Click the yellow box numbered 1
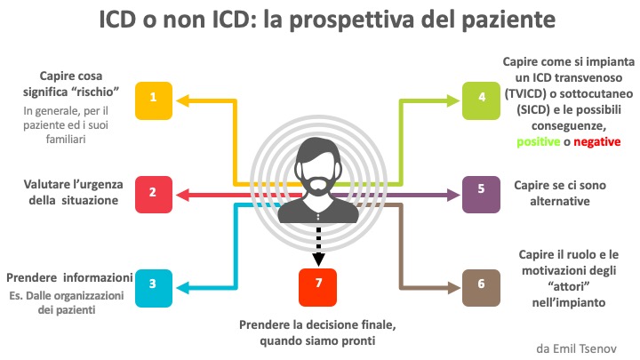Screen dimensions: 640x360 154,100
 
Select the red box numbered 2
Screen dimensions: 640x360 154,192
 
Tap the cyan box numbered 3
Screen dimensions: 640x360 154,284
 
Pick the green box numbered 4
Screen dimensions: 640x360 481,100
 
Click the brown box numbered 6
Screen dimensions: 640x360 481,284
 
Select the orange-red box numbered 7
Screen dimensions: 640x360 317,285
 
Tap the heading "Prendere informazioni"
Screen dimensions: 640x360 70,276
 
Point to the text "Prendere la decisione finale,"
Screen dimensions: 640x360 317,324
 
